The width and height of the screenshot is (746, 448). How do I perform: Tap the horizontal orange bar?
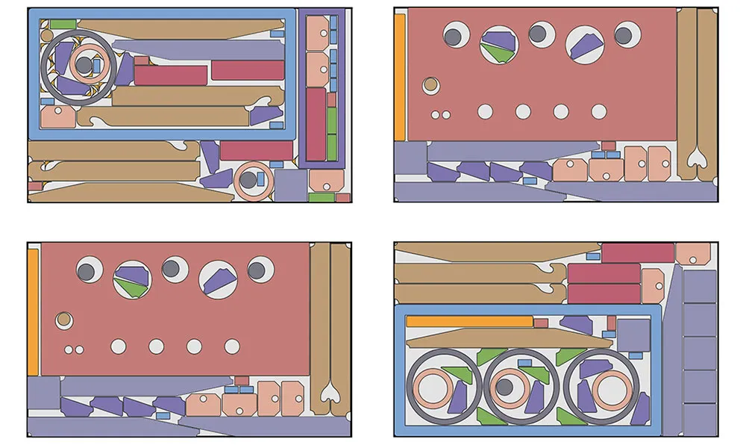coord(469,321)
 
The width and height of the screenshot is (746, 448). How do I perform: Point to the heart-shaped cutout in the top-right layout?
coord(697,158)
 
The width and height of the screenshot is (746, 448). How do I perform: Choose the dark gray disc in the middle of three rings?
coord(505,387)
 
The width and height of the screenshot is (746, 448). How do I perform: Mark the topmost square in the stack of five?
coord(699,287)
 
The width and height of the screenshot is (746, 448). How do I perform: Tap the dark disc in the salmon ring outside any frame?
coord(248,180)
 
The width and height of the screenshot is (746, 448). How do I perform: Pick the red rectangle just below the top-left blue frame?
coord(256,151)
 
